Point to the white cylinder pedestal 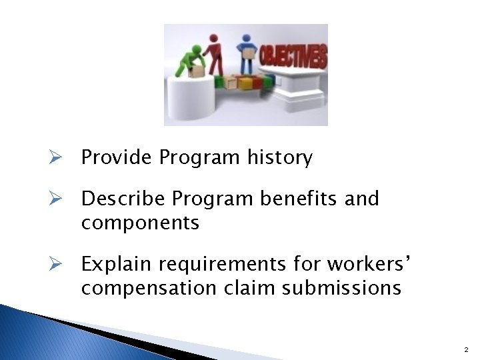[189, 97]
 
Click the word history [280, 158]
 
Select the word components [140, 222]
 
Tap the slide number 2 [465, 349]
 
